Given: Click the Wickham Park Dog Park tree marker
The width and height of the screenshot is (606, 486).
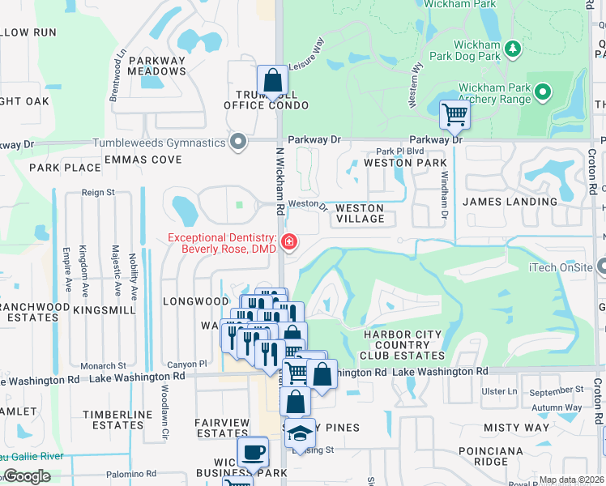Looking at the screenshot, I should coord(512,49).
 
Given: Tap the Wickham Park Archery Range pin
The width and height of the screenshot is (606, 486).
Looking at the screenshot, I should coord(543,92).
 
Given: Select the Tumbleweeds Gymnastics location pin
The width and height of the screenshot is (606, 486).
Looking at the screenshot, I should coord(237,143).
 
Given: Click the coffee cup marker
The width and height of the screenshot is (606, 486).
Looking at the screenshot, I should coord(252,451).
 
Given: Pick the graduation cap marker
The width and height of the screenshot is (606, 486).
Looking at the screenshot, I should coord(300,433).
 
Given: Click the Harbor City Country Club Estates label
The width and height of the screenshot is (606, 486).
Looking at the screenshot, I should coord(403,344).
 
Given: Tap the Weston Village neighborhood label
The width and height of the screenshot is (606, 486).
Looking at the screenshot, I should coord(360,213).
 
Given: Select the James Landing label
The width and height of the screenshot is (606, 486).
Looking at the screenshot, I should coord(510,201).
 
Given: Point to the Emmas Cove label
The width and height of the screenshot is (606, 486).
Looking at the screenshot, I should coord(143,160).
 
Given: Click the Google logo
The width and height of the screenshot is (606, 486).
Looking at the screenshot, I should coord(27,476).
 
